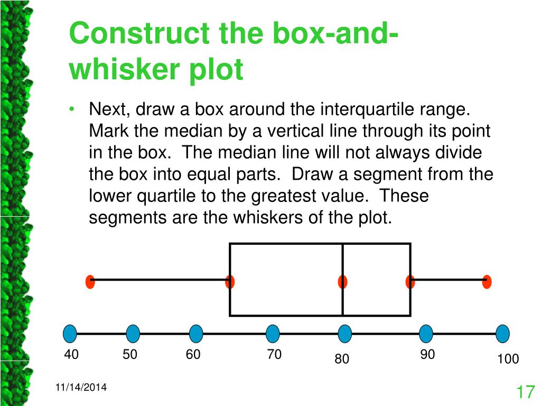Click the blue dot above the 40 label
(x=70, y=334)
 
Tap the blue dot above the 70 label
(x=273, y=334)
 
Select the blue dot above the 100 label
(x=503, y=334)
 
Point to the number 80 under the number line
(x=342, y=359)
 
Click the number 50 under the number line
(x=130, y=355)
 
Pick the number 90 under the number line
(x=427, y=355)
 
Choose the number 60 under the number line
(x=193, y=355)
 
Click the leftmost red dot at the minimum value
(x=90, y=282)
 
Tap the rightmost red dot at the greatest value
(x=487, y=282)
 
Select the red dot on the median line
(x=343, y=282)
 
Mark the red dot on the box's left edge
(x=230, y=282)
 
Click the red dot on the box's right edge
(x=411, y=282)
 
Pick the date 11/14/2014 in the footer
(x=81, y=387)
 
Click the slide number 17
(x=525, y=392)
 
